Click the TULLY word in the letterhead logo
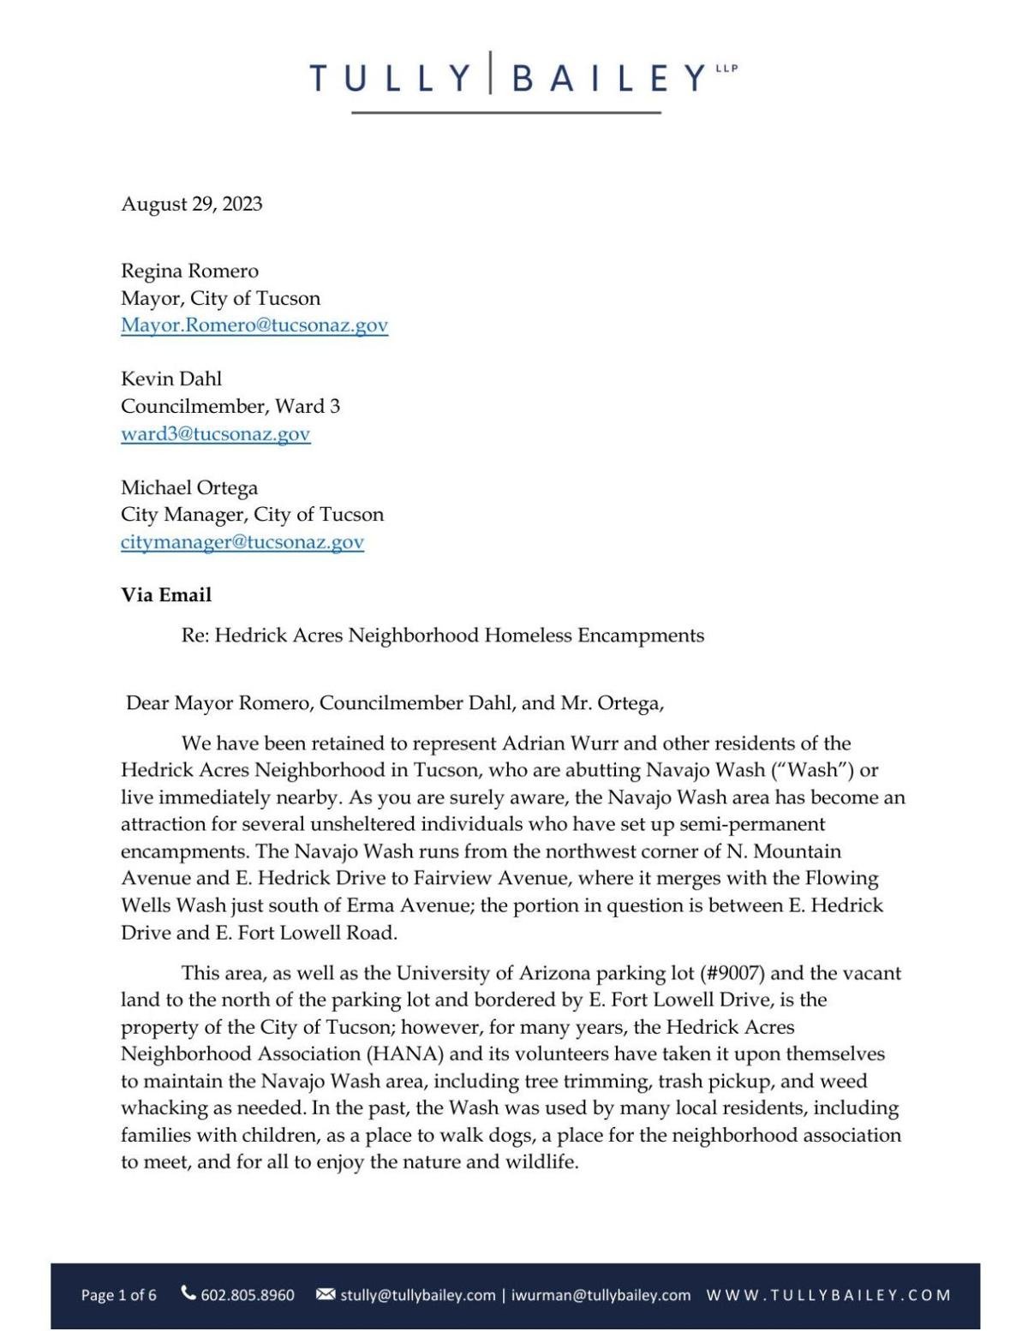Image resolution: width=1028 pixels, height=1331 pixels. click(x=390, y=79)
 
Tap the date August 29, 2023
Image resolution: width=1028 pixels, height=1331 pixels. click(x=192, y=204)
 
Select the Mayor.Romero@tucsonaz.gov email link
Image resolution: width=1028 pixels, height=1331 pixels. click(x=254, y=325)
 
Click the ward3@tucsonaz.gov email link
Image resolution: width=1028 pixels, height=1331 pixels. click(x=215, y=434)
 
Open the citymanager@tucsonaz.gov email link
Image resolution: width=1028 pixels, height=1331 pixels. click(x=242, y=542)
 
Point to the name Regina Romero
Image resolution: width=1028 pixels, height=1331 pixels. click(x=189, y=272)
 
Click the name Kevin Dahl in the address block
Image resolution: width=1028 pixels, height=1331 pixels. click(x=171, y=379)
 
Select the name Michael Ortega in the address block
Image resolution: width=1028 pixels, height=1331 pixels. click(x=189, y=488)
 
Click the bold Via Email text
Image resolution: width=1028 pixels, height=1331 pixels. click(x=166, y=595)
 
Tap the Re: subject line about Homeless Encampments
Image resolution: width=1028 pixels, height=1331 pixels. click(x=443, y=636)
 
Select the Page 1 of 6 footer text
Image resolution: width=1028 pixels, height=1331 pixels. click(x=119, y=1295)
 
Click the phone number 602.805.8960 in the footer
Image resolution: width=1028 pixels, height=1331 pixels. click(x=247, y=1295)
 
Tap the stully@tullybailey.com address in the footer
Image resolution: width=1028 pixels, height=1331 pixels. click(x=417, y=1295)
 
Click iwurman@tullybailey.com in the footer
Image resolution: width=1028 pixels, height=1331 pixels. click(x=601, y=1295)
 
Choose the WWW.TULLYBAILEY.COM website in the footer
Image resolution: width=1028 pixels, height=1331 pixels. click(x=828, y=1295)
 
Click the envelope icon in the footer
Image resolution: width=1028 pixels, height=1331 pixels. click(x=326, y=1294)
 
